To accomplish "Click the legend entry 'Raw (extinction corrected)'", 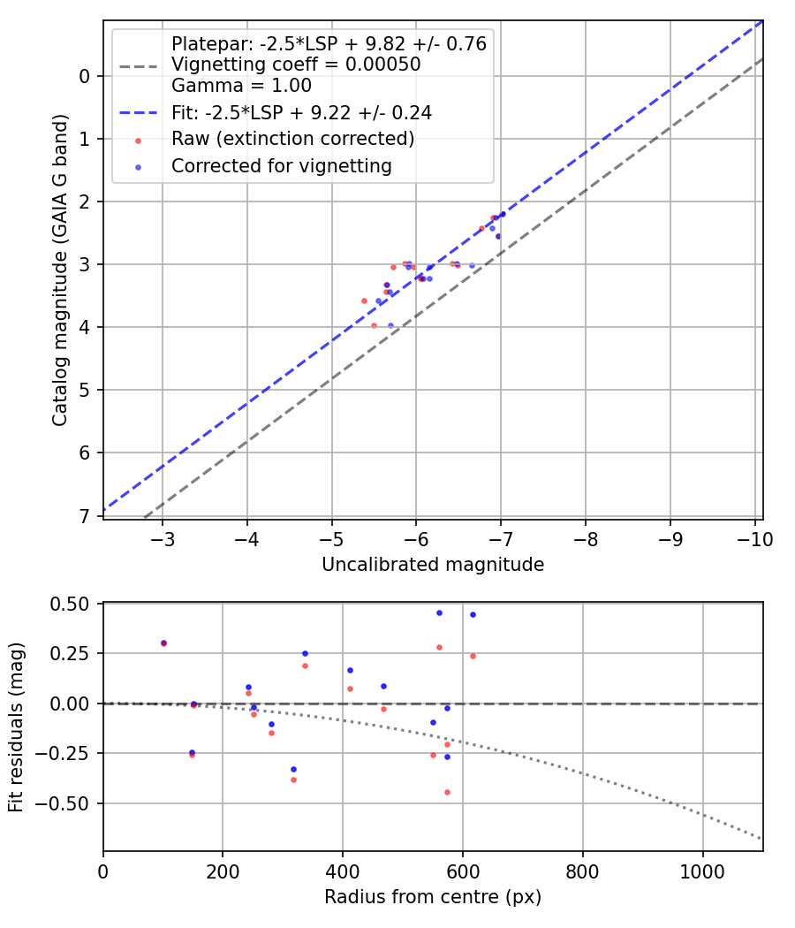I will (292, 139).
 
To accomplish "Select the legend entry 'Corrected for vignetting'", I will (281, 165).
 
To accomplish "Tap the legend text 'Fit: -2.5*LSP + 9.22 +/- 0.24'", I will (301, 112).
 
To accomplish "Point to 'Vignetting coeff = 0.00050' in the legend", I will (296, 65).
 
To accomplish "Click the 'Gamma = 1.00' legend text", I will (241, 86).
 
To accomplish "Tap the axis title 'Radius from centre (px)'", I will (433, 897).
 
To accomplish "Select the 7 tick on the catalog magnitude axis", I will (85, 515).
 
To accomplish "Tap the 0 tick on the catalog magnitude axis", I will (85, 76).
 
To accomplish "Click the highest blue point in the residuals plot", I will (439, 612).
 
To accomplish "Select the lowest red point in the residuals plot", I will (447, 792).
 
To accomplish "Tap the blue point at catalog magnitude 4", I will (391, 325).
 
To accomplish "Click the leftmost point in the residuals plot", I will (163, 643).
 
